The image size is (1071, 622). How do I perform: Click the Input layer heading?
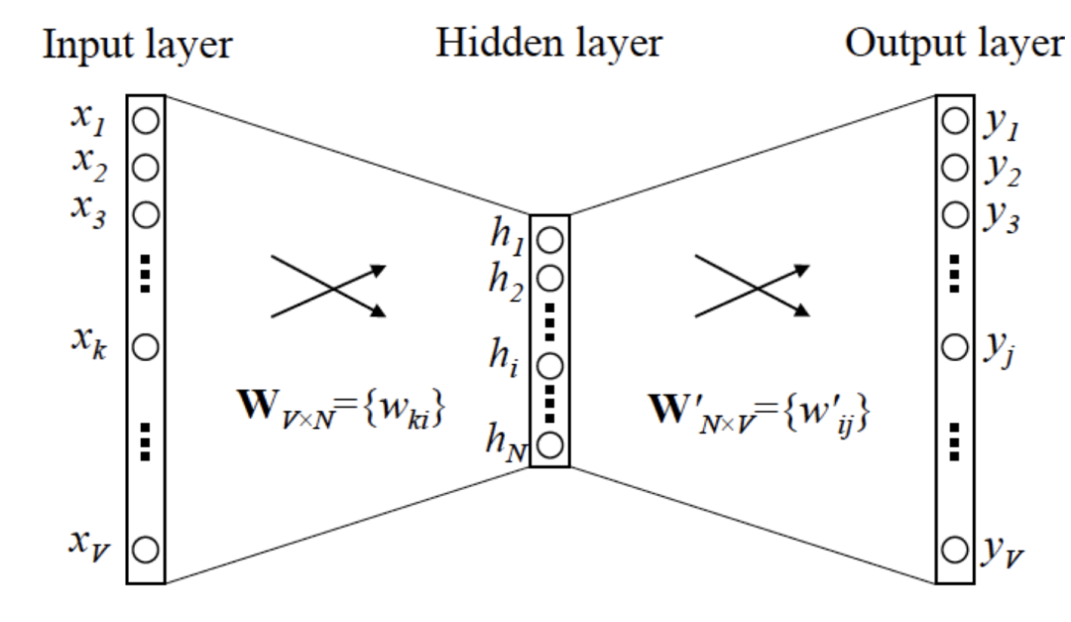(137, 45)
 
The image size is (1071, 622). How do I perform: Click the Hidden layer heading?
(547, 43)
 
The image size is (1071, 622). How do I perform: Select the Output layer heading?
(953, 43)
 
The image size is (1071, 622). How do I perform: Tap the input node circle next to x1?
(146, 121)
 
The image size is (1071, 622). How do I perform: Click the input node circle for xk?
(146, 347)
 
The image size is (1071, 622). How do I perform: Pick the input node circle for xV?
(146, 548)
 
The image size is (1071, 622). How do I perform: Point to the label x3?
(87, 213)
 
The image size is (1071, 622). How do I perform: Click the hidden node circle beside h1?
(552, 239)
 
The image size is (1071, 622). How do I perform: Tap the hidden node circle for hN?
(552, 442)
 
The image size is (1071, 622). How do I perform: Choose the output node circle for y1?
(954, 121)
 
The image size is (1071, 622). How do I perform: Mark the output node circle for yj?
(954, 347)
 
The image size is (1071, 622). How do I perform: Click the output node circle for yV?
(954, 548)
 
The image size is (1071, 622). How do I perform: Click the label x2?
(87, 164)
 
